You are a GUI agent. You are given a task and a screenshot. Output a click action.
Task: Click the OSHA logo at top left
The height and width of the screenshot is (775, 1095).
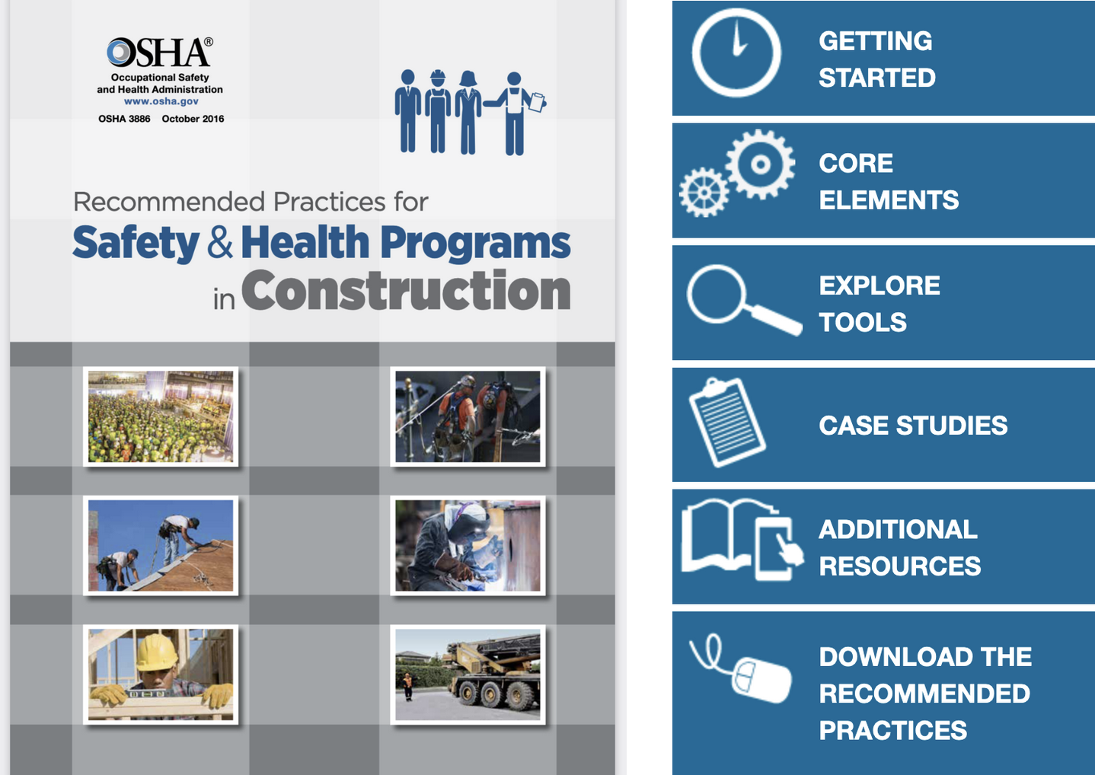pyautogui.click(x=159, y=53)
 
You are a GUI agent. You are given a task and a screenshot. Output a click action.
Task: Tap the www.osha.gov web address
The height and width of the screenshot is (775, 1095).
pyautogui.click(x=161, y=101)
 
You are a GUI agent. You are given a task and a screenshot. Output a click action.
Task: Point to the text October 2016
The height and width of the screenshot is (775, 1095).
pyautogui.click(x=193, y=119)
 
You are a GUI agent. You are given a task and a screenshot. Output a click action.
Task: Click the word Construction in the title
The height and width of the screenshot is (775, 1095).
pyautogui.click(x=406, y=292)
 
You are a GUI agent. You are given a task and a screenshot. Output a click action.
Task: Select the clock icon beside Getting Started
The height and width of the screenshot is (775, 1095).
pyautogui.click(x=736, y=53)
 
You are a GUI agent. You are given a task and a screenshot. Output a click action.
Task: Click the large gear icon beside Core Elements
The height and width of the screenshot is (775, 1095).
pyautogui.click(x=760, y=164)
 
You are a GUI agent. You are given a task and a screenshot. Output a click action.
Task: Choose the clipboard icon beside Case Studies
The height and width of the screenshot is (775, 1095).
pyautogui.click(x=726, y=422)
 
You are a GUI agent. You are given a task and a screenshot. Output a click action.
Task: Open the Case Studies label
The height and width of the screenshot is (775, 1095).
pyautogui.click(x=912, y=426)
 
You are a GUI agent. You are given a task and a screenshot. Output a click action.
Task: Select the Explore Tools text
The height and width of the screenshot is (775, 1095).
pyautogui.click(x=879, y=304)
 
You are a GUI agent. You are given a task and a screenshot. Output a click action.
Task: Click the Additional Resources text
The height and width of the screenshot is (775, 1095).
pyautogui.click(x=899, y=547)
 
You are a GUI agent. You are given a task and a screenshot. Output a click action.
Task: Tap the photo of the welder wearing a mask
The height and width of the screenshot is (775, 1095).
pyautogui.click(x=468, y=546)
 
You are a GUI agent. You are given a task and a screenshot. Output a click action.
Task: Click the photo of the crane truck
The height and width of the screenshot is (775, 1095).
pyautogui.click(x=468, y=675)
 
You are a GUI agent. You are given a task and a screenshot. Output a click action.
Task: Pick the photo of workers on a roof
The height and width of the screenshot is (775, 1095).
pyautogui.click(x=161, y=546)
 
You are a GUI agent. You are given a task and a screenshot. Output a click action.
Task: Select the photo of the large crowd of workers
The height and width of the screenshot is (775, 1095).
pyautogui.click(x=161, y=416)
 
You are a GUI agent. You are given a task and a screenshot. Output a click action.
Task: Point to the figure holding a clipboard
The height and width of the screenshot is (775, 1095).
pyautogui.click(x=516, y=113)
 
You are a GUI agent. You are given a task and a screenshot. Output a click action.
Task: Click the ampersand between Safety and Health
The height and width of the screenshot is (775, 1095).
pyautogui.click(x=220, y=243)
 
